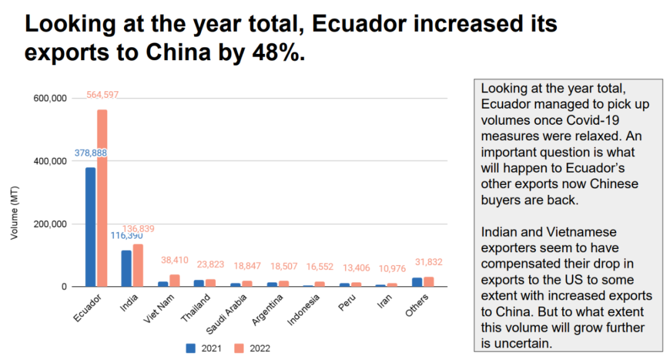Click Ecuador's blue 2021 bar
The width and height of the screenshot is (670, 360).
91,227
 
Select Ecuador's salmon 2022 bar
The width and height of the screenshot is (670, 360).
102,198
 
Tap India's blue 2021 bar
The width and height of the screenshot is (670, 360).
127,268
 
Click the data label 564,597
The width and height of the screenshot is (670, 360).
102,95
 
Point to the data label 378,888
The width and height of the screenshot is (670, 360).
92,153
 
